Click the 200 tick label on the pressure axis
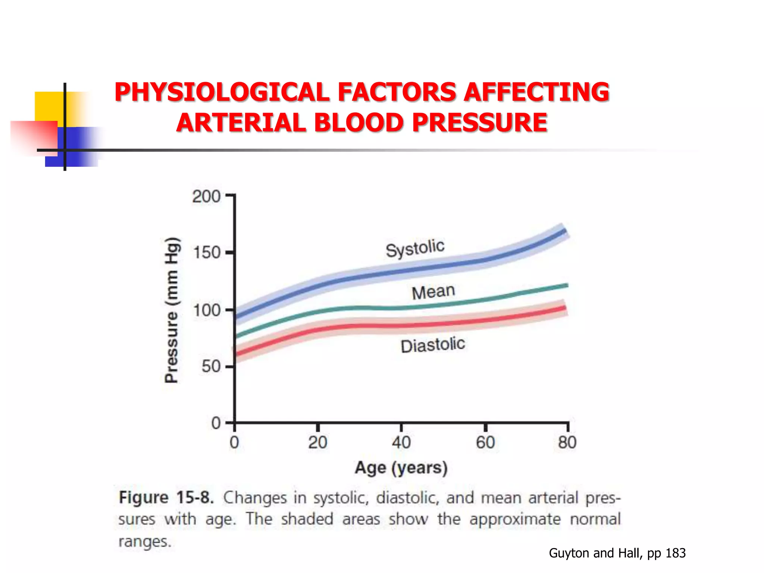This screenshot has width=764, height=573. click(206, 196)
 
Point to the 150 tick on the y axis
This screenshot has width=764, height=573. click(207, 253)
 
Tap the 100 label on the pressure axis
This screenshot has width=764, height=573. click(206, 310)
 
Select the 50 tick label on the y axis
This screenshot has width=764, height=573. click(211, 367)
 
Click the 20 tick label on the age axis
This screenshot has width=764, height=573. click(317, 442)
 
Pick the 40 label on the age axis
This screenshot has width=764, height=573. click(401, 442)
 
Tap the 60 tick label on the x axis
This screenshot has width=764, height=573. click(485, 442)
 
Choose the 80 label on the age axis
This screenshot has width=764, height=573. click(567, 442)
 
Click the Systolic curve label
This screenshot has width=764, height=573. click(415, 248)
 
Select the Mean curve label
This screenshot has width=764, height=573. click(433, 292)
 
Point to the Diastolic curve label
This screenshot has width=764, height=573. click(433, 345)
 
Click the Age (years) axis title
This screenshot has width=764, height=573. click(401, 468)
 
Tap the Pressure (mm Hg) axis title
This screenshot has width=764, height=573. click(172, 310)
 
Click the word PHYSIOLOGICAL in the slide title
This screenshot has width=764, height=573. click(222, 92)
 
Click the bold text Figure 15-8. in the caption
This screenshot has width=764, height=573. click(166, 498)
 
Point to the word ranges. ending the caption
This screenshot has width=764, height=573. click(145, 541)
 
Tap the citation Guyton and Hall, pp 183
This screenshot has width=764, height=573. click(617, 553)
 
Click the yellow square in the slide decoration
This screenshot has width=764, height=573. click(48, 106)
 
